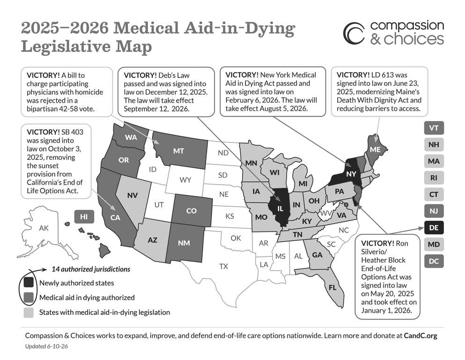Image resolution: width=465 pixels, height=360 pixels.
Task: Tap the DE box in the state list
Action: [434, 228]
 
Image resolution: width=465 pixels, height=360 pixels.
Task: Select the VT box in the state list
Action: [434, 128]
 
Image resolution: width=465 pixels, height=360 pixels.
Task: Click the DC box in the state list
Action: [434, 261]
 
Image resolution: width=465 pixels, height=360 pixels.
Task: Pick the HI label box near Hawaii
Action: [84, 217]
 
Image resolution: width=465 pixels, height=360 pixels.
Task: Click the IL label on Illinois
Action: [280, 209]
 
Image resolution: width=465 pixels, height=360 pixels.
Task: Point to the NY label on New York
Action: [351, 173]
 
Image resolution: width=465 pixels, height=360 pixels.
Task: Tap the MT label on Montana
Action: [178, 151]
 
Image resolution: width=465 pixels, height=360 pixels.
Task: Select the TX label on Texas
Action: [224, 266]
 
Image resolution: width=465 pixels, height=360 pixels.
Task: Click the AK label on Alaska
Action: [44, 228]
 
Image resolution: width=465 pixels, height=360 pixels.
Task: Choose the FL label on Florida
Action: [332, 287]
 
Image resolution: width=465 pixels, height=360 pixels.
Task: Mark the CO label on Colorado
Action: [191, 211]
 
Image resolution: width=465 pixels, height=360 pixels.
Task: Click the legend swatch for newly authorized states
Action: [29, 283]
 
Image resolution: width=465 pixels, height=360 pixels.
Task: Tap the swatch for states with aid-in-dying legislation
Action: [29, 313]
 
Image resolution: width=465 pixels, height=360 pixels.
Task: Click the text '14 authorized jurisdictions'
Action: [91, 269]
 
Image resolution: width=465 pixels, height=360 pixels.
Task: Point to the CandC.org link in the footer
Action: [421, 336]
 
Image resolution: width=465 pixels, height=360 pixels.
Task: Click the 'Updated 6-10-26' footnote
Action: [46, 346]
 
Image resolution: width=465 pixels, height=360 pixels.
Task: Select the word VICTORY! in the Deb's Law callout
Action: [140, 75]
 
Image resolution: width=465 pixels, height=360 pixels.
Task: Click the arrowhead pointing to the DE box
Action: [421, 228]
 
